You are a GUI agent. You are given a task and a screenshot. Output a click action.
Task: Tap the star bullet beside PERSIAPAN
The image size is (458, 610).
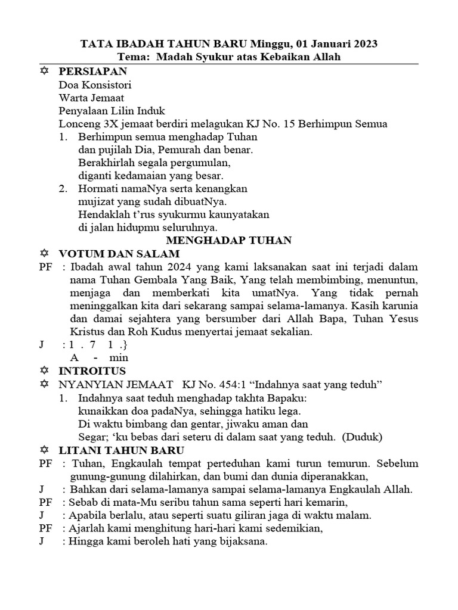(43, 71)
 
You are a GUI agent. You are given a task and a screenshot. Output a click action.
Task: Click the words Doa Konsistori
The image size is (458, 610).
(95, 84)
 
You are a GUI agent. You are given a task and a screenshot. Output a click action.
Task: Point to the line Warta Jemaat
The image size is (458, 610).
(91, 97)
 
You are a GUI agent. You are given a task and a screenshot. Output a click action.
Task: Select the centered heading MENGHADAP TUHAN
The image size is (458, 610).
(228, 240)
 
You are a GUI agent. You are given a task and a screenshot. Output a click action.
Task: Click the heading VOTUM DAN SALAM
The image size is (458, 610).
(119, 253)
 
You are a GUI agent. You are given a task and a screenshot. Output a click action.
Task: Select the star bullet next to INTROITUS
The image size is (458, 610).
(43, 371)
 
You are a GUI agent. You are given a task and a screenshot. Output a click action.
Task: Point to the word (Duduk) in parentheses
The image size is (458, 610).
(362, 437)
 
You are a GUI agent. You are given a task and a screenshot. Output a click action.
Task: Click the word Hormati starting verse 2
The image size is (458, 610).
(98, 189)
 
